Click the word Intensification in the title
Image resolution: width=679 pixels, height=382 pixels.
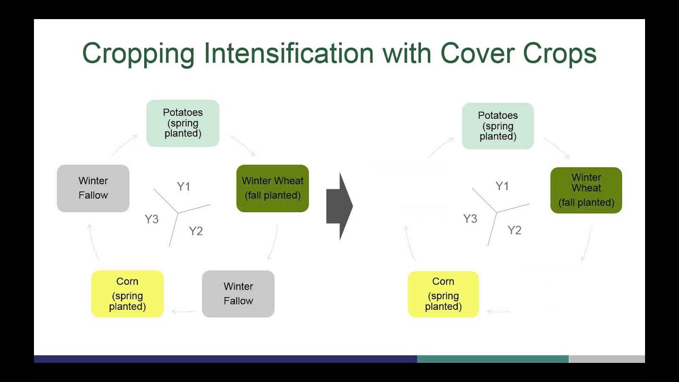289,54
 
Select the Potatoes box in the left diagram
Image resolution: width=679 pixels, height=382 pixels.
182,123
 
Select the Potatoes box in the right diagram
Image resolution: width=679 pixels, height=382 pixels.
498,126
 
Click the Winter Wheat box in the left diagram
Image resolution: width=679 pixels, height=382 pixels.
273,188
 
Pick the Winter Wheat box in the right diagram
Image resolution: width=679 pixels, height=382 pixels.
586,190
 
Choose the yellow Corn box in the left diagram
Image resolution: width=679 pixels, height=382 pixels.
127,294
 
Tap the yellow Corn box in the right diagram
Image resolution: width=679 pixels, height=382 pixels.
443,294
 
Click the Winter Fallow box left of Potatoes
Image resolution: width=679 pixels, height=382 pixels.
93,188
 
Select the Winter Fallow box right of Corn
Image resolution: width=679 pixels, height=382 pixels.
238,294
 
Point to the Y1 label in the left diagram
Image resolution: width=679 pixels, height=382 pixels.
184,186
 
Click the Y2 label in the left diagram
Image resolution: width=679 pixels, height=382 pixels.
196,231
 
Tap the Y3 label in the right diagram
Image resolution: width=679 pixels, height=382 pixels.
470,219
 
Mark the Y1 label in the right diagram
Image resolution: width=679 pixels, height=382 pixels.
502,186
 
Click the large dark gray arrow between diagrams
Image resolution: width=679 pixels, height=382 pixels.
339,206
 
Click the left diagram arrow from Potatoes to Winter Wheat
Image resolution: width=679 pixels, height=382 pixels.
243,145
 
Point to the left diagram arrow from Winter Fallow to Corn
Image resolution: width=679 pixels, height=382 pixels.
184,311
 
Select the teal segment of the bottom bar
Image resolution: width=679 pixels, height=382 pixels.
492,359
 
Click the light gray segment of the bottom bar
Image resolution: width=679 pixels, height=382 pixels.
606,359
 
